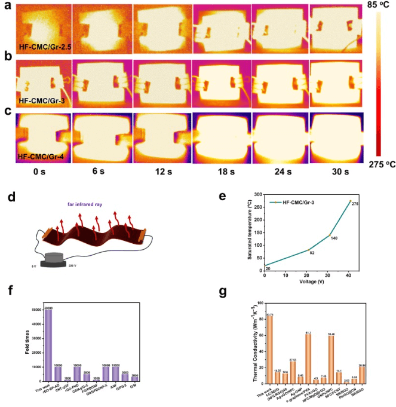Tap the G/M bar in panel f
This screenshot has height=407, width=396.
point(136,378)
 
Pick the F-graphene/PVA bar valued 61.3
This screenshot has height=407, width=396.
point(308,357)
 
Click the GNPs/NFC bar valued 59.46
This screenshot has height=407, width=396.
point(331,357)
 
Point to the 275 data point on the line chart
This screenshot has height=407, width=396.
point(349,201)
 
